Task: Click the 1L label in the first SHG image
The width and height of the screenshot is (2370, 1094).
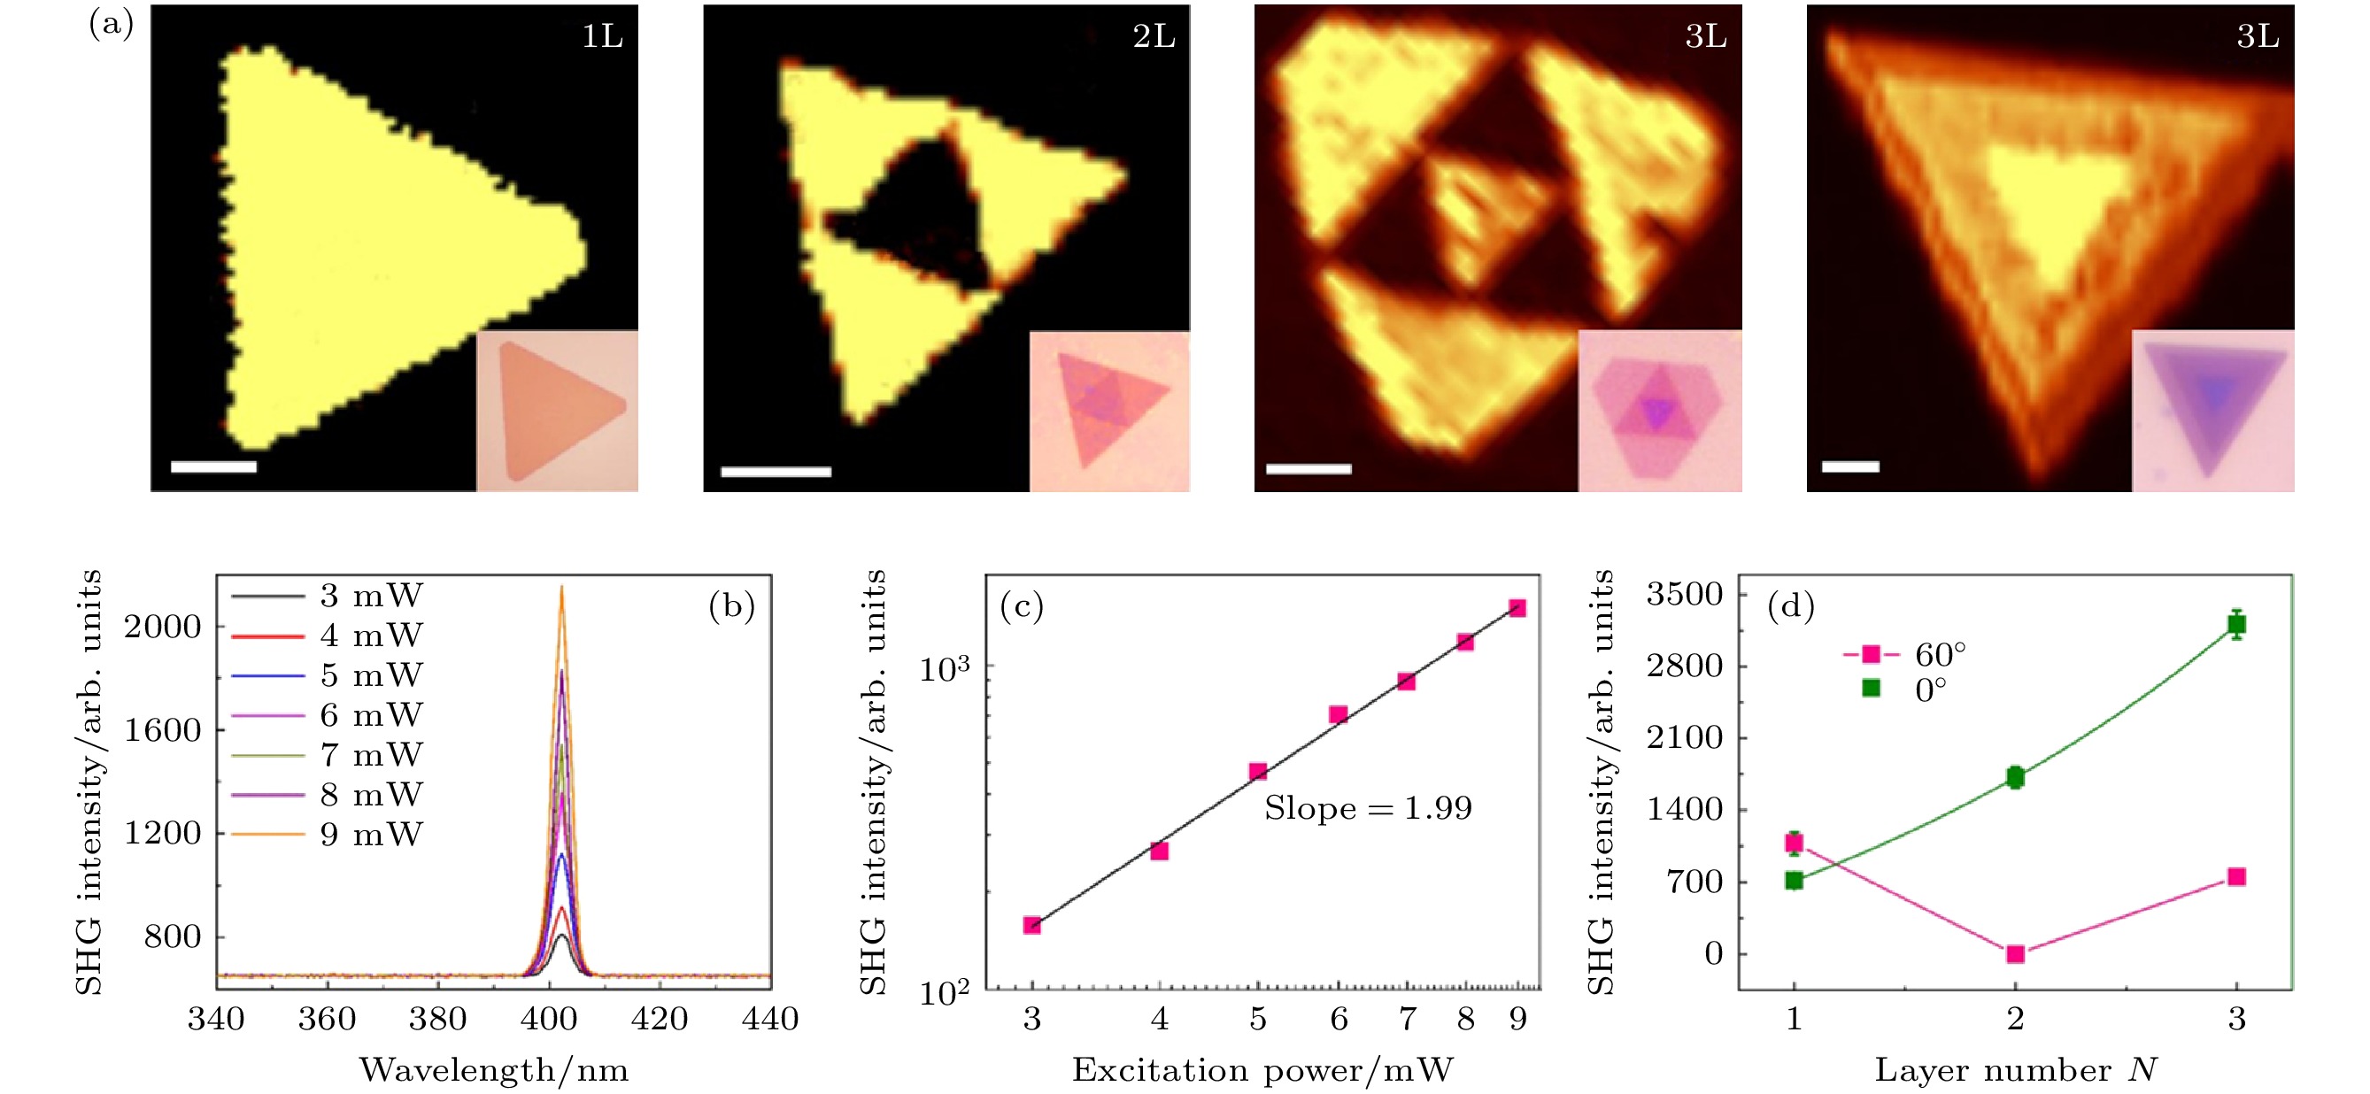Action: coord(603,37)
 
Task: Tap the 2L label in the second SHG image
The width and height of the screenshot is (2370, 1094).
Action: coord(1154,37)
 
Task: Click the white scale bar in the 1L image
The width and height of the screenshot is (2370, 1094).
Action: coord(213,466)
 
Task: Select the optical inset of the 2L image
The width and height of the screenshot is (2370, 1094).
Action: coord(1108,411)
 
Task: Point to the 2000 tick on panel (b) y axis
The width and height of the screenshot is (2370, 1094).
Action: coord(162,627)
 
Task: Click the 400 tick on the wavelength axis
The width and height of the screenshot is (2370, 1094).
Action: coord(549,1020)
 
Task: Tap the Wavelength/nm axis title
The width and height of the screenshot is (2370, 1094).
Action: coord(494,1070)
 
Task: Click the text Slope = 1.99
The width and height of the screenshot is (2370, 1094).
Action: coord(1368,808)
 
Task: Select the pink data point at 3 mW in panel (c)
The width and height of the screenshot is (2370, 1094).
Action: coord(1032,925)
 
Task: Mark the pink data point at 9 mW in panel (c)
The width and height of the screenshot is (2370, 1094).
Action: coord(1518,608)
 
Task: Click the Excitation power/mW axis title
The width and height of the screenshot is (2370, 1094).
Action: coord(1262,1070)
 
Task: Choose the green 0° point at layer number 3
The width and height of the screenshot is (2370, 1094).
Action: coord(2236,625)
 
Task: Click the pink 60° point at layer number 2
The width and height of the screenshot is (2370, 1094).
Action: coord(2015,954)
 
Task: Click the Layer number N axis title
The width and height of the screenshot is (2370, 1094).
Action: coord(2015,1070)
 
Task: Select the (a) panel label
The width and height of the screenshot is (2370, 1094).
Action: coord(112,24)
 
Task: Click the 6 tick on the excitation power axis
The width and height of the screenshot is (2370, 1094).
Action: coord(1339,1020)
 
